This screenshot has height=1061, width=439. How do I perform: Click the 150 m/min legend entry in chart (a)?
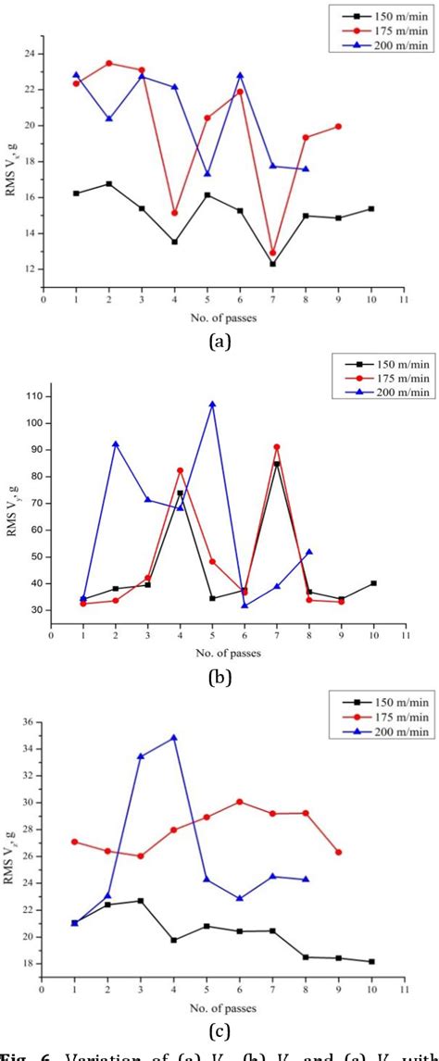(380, 14)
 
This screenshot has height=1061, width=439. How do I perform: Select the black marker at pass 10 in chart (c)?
(371, 961)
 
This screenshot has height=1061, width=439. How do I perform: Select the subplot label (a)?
(219, 342)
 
